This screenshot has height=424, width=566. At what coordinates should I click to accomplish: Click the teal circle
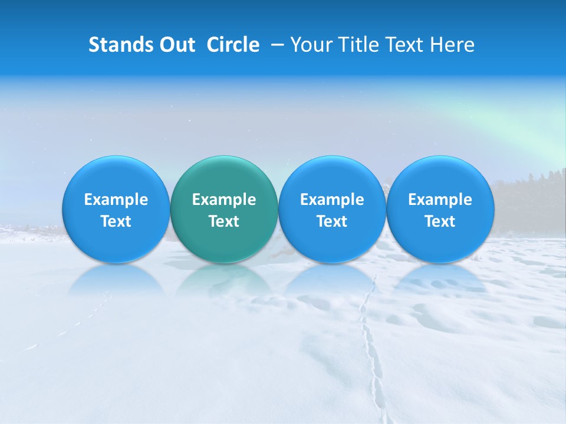[224, 209]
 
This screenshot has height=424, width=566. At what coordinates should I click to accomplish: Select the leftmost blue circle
[116, 209]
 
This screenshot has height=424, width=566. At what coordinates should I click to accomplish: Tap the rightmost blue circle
[440, 209]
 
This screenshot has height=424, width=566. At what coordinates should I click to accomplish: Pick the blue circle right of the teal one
[332, 209]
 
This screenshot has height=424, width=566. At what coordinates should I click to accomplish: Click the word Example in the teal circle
[224, 200]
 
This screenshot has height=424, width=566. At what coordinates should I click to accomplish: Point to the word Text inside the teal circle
[224, 221]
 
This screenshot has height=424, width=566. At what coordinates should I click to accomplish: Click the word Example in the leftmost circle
[116, 200]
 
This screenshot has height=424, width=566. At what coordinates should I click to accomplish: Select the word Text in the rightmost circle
[440, 221]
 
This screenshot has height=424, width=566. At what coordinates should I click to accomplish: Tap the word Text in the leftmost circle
[116, 221]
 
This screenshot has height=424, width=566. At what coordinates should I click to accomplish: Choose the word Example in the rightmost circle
[440, 200]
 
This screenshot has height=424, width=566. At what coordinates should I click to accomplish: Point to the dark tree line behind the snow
[531, 188]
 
